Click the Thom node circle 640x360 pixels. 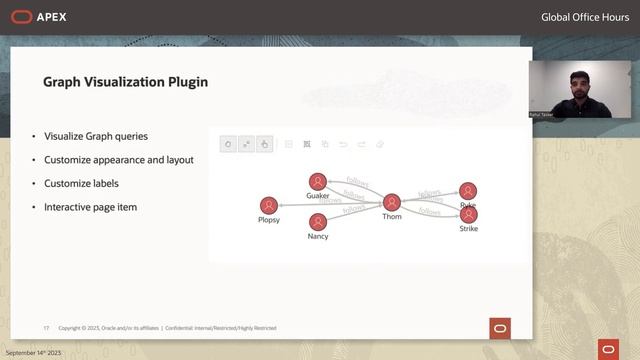coord(392,202)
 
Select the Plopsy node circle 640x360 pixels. coord(268,205)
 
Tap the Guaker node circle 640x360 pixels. coord(317,181)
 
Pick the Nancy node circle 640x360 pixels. coord(318,222)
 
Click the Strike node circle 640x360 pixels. coord(468,215)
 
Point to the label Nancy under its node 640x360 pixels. coord(318,237)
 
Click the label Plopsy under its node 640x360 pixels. coord(268,220)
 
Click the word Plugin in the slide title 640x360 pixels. coord(184,82)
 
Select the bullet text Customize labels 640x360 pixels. coord(81,183)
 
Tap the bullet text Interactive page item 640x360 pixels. coord(90,206)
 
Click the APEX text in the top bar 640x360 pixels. coord(52,16)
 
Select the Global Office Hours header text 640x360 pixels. coord(583,17)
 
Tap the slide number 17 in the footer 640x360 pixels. coord(46,328)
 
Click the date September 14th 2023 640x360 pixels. coord(34,354)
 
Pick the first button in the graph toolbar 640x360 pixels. coord(228,144)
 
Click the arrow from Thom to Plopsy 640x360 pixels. coord(330,204)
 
